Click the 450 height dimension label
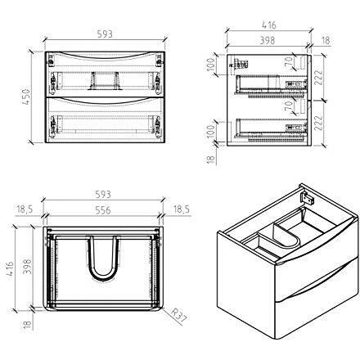click(26, 97)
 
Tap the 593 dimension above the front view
click(105, 34)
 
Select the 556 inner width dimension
click(103, 210)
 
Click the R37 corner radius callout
click(178, 316)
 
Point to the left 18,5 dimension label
click(25, 209)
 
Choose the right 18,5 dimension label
click(181, 209)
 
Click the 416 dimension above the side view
click(269, 25)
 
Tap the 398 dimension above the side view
click(267, 40)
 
